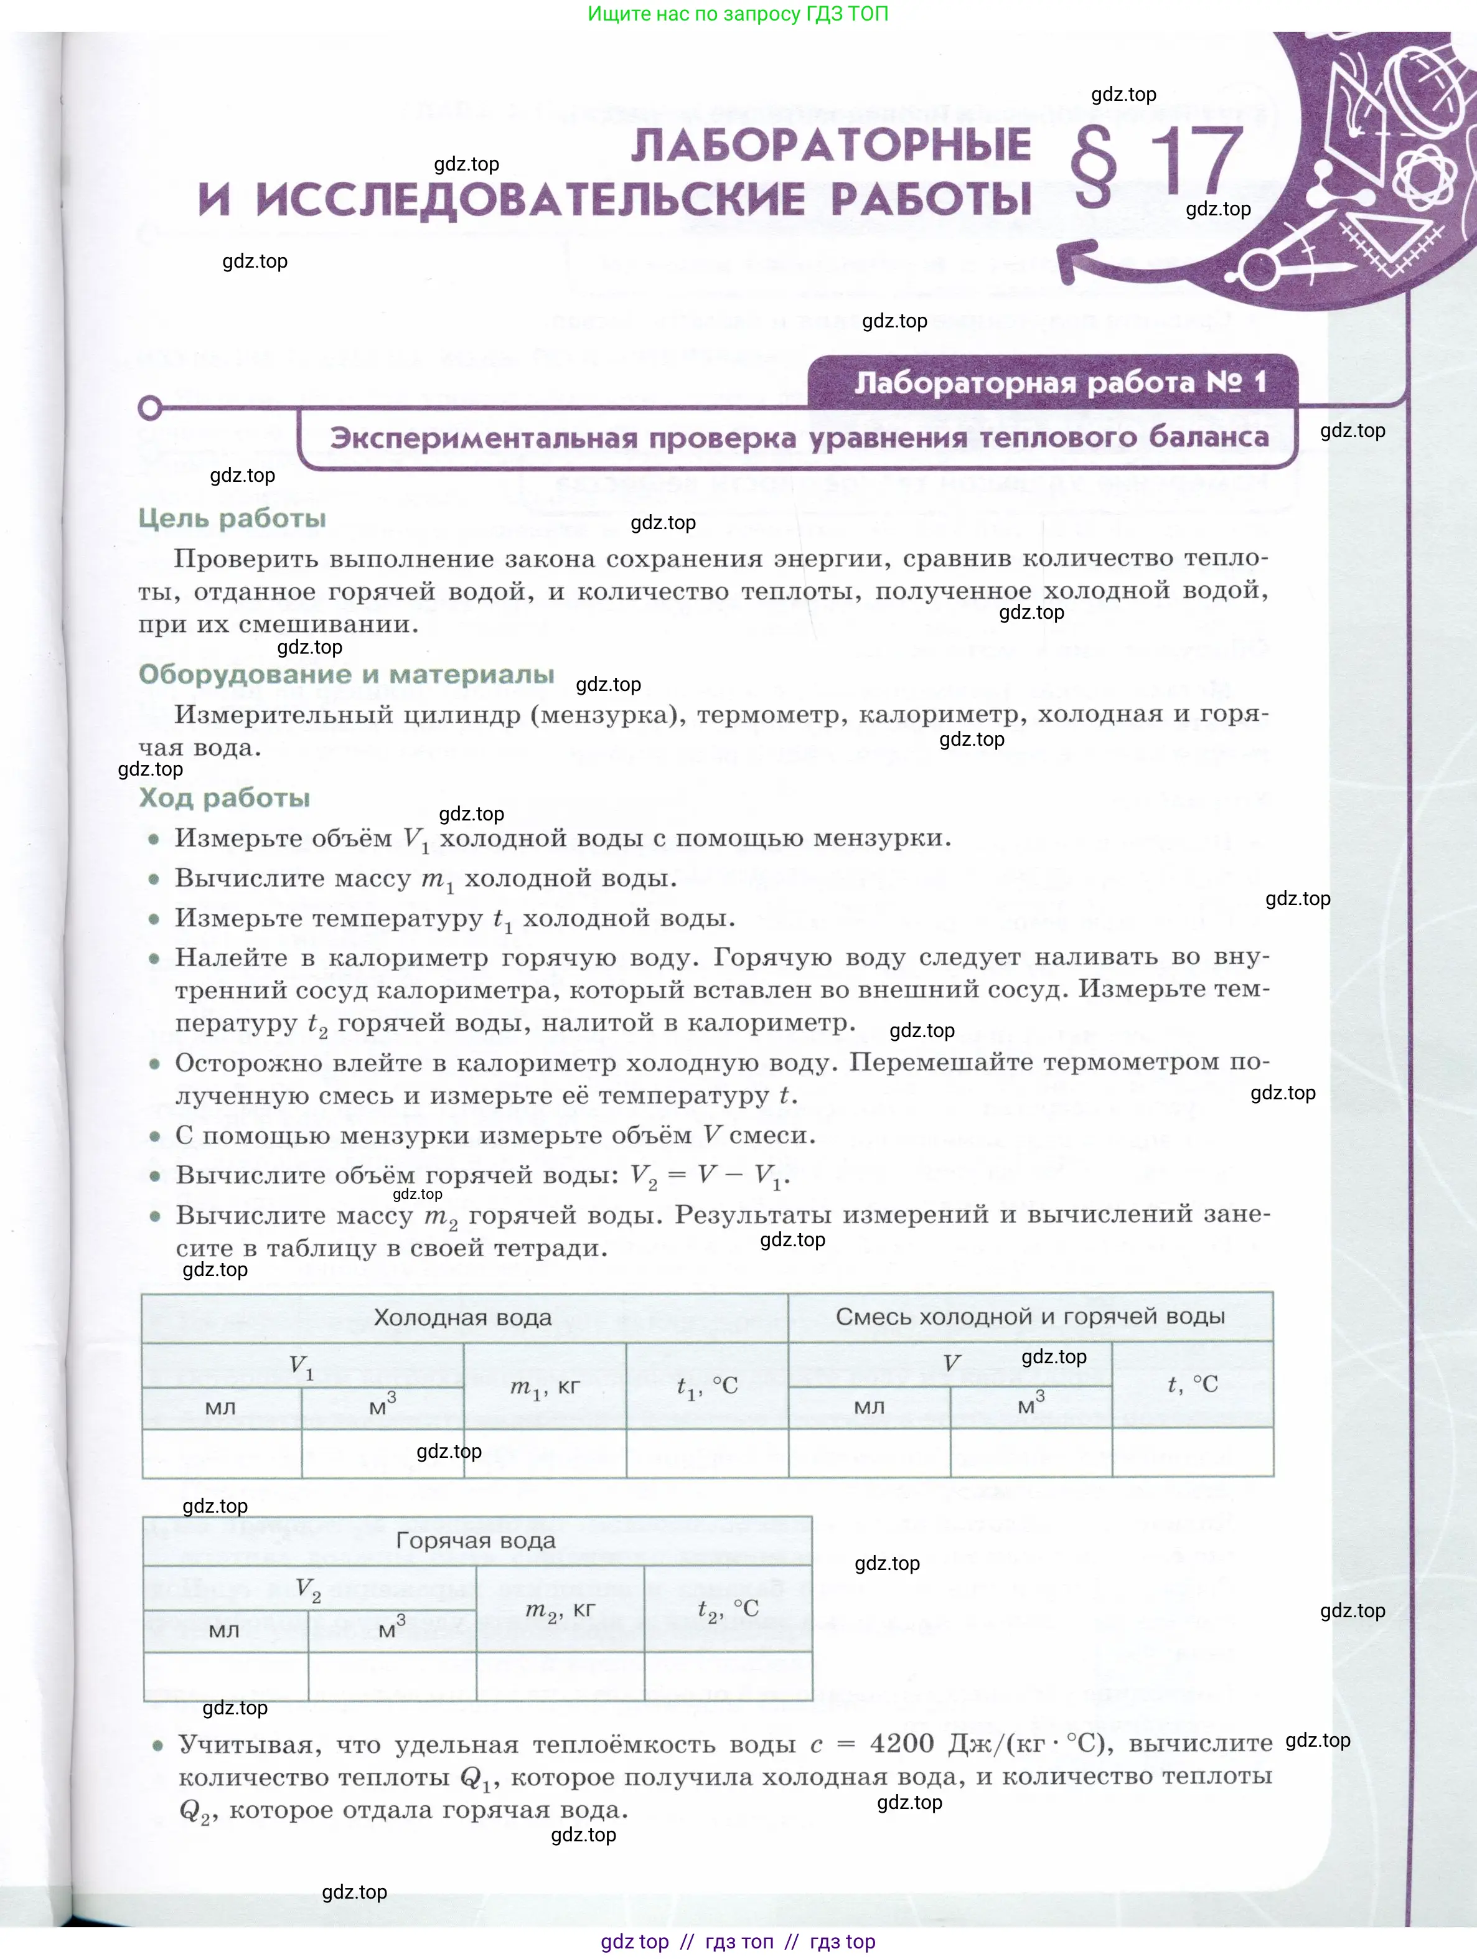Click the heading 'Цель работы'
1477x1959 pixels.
(x=232, y=518)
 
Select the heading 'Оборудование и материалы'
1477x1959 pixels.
(x=346, y=674)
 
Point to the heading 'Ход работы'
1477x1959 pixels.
(x=224, y=798)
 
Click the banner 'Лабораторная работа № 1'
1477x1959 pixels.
(x=1059, y=383)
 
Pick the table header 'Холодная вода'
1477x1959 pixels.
(x=462, y=1317)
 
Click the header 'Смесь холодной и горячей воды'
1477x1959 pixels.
(x=1030, y=1316)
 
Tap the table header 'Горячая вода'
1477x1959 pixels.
(x=476, y=1540)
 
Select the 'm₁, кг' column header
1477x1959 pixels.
(x=545, y=1387)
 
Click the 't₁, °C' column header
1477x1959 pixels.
(x=706, y=1387)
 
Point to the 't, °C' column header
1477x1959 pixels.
(x=1192, y=1384)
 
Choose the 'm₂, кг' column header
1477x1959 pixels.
(x=560, y=1609)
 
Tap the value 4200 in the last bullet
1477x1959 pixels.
(x=901, y=1743)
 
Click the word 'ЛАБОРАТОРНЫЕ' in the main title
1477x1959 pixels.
(x=830, y=145)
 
